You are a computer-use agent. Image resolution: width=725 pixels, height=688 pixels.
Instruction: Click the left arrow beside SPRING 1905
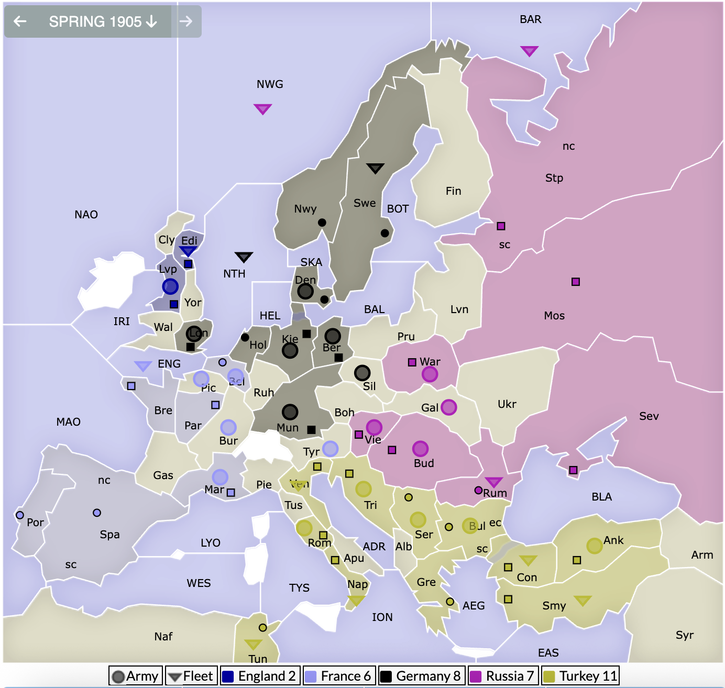[20, 21]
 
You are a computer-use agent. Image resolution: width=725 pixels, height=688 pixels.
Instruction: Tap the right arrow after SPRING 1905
[185, 21]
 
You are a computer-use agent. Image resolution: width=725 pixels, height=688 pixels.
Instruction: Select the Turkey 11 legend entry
[580, 676]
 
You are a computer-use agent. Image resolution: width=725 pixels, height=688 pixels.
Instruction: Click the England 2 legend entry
[259, 676]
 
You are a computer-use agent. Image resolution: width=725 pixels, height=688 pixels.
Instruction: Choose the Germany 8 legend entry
[420, 676]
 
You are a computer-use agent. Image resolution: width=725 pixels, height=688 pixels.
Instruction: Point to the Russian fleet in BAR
[529, 51]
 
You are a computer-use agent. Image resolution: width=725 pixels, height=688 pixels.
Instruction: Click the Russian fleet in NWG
[262, 108]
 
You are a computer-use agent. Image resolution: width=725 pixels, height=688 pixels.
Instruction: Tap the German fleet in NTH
[244, 257]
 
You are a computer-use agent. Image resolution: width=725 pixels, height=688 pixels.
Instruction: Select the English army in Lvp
[170, 286]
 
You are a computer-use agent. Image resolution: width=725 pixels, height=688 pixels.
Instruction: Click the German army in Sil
[362, 373]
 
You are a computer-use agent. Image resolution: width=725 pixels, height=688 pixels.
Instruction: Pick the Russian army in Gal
[448, 407]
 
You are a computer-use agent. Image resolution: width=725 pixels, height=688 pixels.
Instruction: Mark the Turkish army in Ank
[594, 546]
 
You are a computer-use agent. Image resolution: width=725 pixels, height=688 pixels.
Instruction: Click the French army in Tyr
[330, 448]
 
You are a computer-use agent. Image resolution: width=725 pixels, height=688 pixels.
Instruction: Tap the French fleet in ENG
[143, 365]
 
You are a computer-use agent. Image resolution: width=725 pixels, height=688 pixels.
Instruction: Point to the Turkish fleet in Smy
[583, 600]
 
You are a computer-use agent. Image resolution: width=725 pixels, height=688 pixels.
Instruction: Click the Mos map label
[554, 316]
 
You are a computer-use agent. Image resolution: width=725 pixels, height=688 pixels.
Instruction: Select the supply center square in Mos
[576, 282]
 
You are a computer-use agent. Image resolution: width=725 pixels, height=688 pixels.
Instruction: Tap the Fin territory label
[453, 191]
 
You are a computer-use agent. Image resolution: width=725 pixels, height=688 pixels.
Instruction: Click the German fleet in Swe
[375, 168]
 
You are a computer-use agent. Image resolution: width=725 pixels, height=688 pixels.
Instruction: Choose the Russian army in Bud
[420, 448]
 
